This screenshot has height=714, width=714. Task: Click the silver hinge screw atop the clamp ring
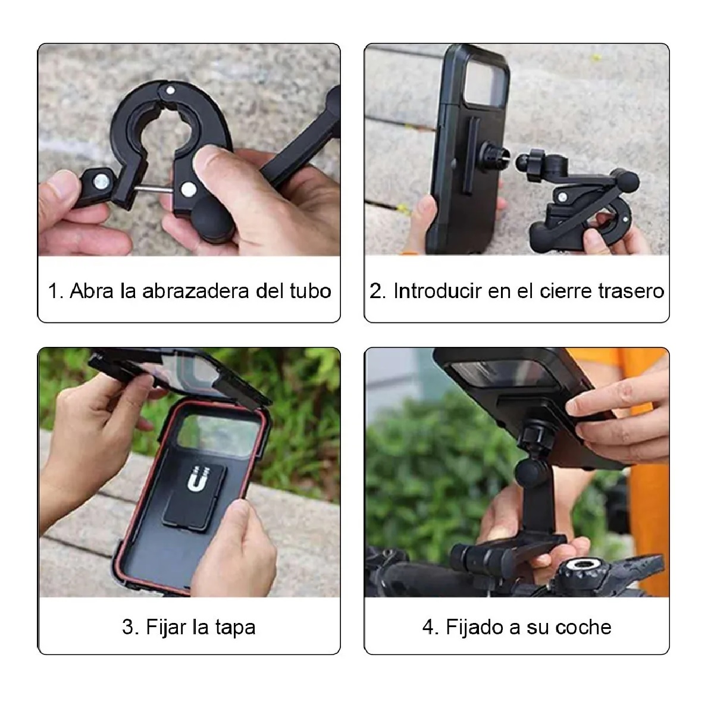(x=171, y=90)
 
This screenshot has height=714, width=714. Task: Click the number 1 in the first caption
(x=54, y=291)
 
